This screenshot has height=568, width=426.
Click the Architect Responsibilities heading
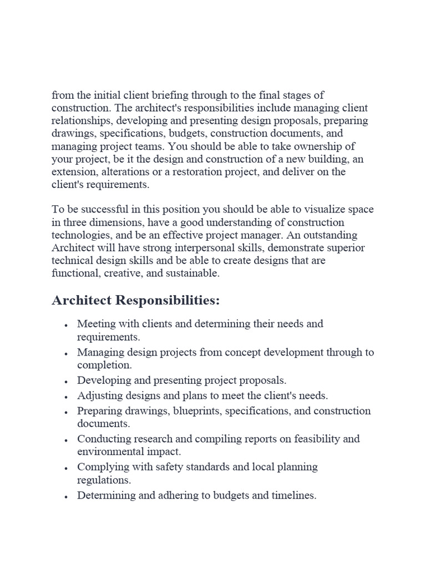(136, 300)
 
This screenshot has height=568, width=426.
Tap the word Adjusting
(99, 396)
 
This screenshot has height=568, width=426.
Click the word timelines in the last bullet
(291, 495)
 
